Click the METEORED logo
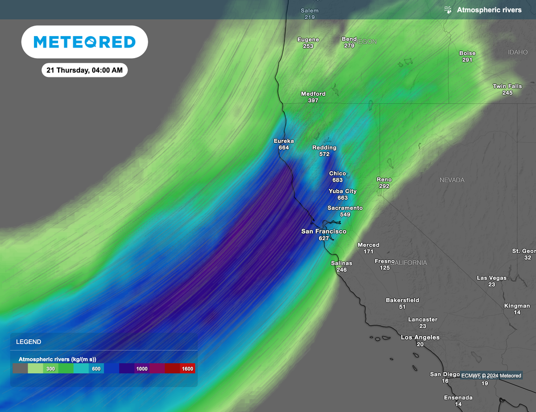(84, 42)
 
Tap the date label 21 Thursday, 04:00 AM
(84, 70)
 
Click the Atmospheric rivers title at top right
(489, 10)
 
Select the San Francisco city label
(323, 231)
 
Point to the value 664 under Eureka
(284, 148)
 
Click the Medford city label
(313, 94)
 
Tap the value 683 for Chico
(338, 180)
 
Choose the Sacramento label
(345, 208)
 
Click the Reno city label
(384, 180)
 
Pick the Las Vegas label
(492, 278)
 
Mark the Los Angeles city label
(420, 338)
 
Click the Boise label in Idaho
(467, 53)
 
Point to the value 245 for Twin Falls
(507, 93)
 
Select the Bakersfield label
(402, 300)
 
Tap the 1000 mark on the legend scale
(142, 369)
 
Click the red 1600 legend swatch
(187, 369)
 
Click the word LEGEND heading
(28, 342)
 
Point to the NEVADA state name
(452, 180)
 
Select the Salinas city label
(341, 263)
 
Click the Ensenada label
(458, 398)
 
